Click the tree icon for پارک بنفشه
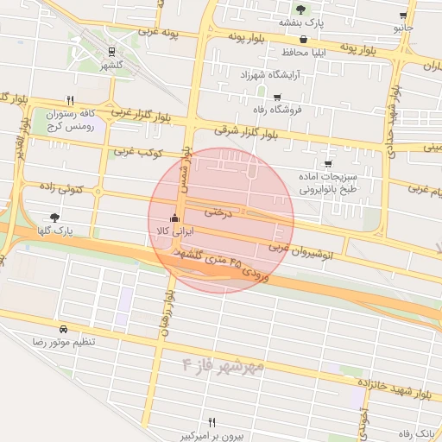click(300, 9)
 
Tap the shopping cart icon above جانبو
click(403, 16)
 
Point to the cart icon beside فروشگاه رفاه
click(276, 97)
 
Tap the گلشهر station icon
click(110, 53)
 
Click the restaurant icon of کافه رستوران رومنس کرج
click(70, 99)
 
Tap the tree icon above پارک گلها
click(55, 218)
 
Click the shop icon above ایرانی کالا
click(176, 218)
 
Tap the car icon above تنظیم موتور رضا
click(64, 329)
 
